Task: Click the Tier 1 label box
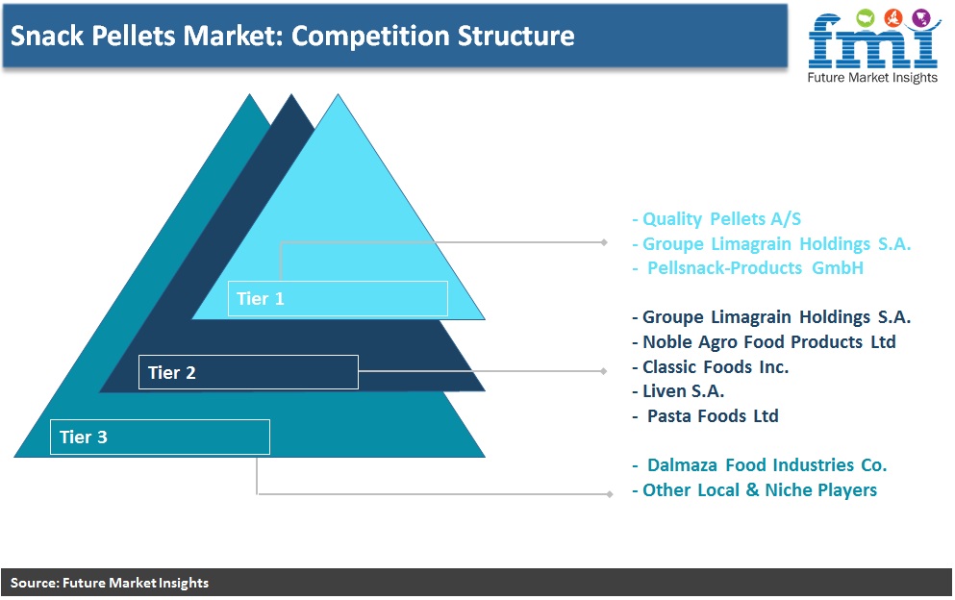click(x=338, y=298)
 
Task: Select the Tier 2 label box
click(x=248, y=371)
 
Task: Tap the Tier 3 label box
click(x=160, y=437)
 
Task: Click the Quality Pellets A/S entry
click(x=716, y=218)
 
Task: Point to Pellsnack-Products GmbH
click(x=748, y=268)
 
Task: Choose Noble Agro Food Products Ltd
click(x=764, y=341)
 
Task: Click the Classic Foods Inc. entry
click(x=710, y=366)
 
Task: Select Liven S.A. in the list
click(x=678, y=391)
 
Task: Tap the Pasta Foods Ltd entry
click(x=706, y=416)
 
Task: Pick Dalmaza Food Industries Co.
click(x=760, y=465)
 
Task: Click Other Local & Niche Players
click(x=755, y=489)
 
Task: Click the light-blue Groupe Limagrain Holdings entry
click(x=771, y=243)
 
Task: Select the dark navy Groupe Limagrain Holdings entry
click(x=771, y=316)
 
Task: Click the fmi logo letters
click(x=873, y=40)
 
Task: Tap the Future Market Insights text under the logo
click(x=872, y=77)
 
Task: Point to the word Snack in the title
click(x=47, y=36)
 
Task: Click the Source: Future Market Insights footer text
click(x=110, y=583)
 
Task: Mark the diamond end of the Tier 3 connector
click(x=609, y=494)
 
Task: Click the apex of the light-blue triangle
click(x=338, y=94)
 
